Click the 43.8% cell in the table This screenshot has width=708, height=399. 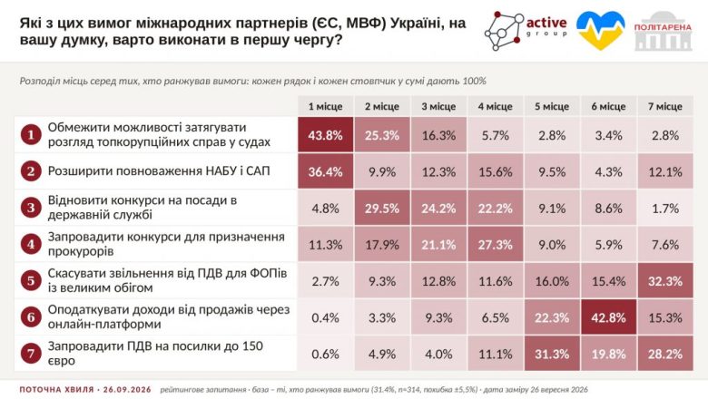(325, 135)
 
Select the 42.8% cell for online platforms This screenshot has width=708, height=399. (608, 317)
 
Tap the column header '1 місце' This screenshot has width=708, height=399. (325, 106)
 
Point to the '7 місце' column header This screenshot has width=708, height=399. (665, 106)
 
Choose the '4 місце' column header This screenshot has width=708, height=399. (496, 106)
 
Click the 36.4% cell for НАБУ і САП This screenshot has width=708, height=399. (325, 171)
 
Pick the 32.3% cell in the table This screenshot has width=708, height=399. (665, 281)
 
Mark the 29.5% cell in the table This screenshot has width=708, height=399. (382, 208)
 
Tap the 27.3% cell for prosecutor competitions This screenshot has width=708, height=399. (496, 244)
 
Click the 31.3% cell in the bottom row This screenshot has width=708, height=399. (552, 354)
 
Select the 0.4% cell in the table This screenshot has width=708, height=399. (325, 317)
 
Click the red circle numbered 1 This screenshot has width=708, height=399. (31, 135)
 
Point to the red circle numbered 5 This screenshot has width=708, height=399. (31, 280)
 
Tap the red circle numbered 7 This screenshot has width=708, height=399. (31, 354)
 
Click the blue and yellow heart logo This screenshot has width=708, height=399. (601, 30)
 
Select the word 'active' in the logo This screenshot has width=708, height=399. (546, 22)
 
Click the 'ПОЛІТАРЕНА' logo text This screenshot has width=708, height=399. (663, 27)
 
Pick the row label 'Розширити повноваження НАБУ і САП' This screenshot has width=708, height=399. (159, 171)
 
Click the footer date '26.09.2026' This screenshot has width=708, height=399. (127, 390)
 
